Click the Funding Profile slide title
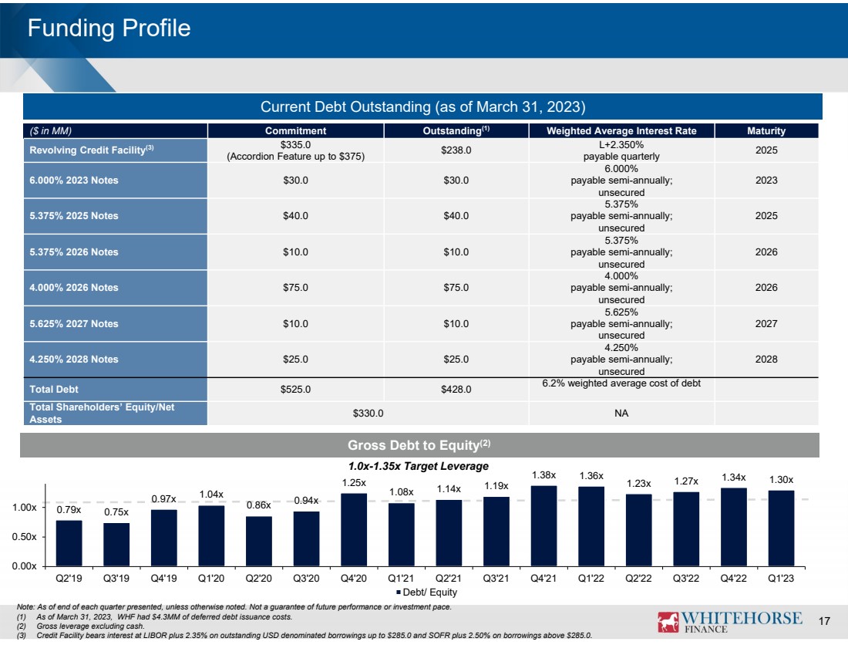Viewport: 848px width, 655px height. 109,29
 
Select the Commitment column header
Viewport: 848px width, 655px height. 295,131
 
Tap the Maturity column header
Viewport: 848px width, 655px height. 766,131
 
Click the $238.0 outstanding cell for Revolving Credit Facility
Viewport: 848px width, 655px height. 456,150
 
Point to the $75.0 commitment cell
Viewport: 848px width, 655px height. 295,288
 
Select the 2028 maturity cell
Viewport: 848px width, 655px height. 766,360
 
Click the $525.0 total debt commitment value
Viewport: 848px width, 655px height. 295,390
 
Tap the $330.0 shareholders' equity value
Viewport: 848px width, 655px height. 368,413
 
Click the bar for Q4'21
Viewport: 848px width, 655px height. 544,525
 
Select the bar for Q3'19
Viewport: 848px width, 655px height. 116,544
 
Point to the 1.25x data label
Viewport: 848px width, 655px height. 354,482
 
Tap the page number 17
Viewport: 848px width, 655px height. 823,621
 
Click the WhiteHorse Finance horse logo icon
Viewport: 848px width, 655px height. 668,621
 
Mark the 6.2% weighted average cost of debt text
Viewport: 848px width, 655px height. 621,383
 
